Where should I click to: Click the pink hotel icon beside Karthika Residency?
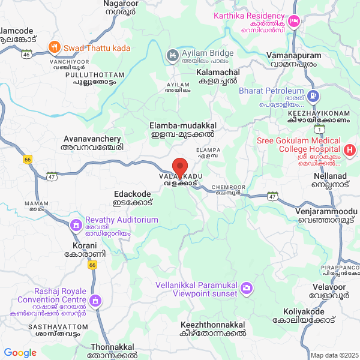[294, 22]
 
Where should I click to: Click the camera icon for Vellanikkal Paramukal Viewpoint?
[246, 289]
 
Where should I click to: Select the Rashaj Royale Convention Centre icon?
[95, 299]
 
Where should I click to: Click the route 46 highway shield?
[26, 54]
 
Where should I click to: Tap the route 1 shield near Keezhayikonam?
[322, 129]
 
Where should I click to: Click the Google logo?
[20, 353]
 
